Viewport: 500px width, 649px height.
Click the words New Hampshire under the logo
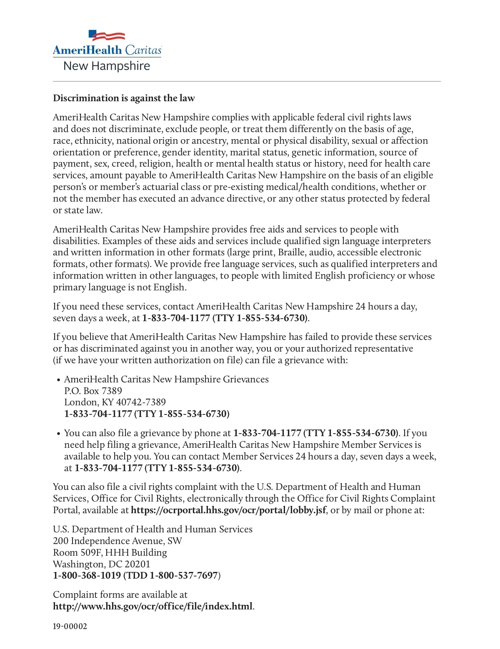click(x=107, y=66)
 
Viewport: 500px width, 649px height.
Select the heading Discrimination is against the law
click(x=124, y=98)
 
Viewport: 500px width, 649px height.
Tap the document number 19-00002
click(x=70, y=627)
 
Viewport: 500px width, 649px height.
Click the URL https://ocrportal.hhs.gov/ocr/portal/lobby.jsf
click(x=228, y=510)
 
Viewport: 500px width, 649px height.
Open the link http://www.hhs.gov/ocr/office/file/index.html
click(x=152, y=606)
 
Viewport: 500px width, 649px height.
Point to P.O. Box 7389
click(x=93, y=391)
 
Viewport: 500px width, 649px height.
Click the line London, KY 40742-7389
click(x=115, y=402)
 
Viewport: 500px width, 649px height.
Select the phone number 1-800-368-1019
click(x=87, y=576)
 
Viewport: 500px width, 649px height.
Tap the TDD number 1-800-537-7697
click(x=183, y=576)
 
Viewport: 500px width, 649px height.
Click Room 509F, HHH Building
click(x=110, y=552)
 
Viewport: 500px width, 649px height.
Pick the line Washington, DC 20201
click(x=101, y=564)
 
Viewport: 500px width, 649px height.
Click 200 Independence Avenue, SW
click(x=117, y=541)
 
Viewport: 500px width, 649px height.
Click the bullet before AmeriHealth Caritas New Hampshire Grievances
click(x=58, y=380)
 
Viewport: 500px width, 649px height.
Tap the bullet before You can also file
click(x=58, y=434)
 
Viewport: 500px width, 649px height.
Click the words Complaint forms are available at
click(x=120, y=594)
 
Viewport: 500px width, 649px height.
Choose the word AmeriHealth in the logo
click(x=87, y=50)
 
